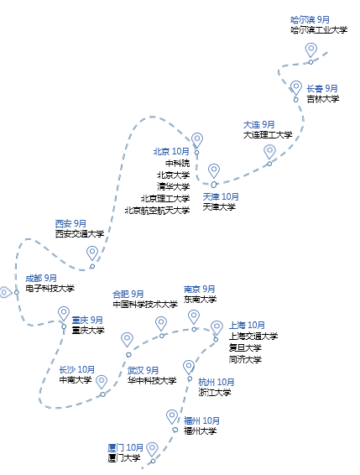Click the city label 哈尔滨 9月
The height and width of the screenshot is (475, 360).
tap(310, 20)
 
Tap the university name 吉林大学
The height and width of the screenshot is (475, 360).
tap(323, 99)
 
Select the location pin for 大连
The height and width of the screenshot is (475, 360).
tap(269, 151)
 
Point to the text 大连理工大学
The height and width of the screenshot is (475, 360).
tap(268, 135)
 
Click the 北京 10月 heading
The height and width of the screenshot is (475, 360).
tap(171, 151)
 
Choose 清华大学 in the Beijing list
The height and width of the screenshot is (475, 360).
tap(174, 186)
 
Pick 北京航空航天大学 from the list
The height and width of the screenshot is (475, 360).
tap(157, 210)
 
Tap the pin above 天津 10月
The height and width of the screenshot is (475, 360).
tap(214, 171)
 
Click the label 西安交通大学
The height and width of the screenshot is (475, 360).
tap(80, 233)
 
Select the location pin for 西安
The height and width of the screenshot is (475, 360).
tap(92, 253)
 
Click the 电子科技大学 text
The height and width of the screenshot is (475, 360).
tap(50, 288)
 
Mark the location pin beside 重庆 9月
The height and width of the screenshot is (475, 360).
tap(64, 314)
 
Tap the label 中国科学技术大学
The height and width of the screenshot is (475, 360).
tap(145, 304)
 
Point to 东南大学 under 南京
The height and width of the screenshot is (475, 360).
tap(200, 300)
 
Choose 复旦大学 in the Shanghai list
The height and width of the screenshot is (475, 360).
tap(245, 347)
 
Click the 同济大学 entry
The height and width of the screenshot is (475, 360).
tap(245, 359)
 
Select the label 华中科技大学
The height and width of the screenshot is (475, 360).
tap(152, 380)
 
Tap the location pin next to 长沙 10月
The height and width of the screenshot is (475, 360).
tap(102, 382)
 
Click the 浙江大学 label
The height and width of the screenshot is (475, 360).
tap(215, 392)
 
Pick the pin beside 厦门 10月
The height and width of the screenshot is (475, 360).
tap(152, 449)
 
